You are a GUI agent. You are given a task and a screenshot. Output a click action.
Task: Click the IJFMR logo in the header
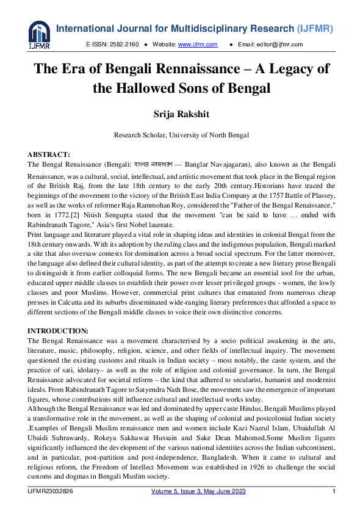[38, 35]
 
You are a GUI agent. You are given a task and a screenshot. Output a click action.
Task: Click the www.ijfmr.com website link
[191, 45]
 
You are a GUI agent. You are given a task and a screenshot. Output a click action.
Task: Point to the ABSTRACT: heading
[49, 155]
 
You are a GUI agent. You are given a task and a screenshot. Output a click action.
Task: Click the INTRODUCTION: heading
[58, 330]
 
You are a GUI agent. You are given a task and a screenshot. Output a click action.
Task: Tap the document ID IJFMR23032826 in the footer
[52, 491]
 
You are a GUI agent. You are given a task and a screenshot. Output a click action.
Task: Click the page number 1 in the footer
[334, 491]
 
